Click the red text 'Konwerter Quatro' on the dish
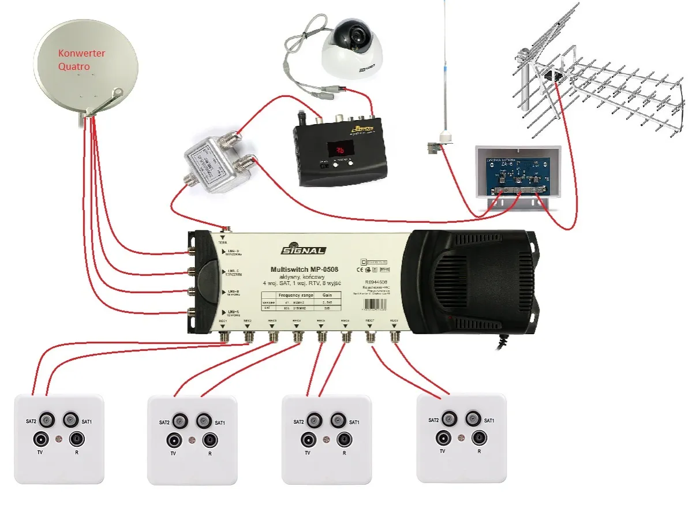(x=81, y=59)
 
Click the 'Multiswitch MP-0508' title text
(x=304, y=270)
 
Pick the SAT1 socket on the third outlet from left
(x=338, y=420)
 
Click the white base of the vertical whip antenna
(x=444, y=136)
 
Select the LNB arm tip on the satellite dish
(x=118, y=92)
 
